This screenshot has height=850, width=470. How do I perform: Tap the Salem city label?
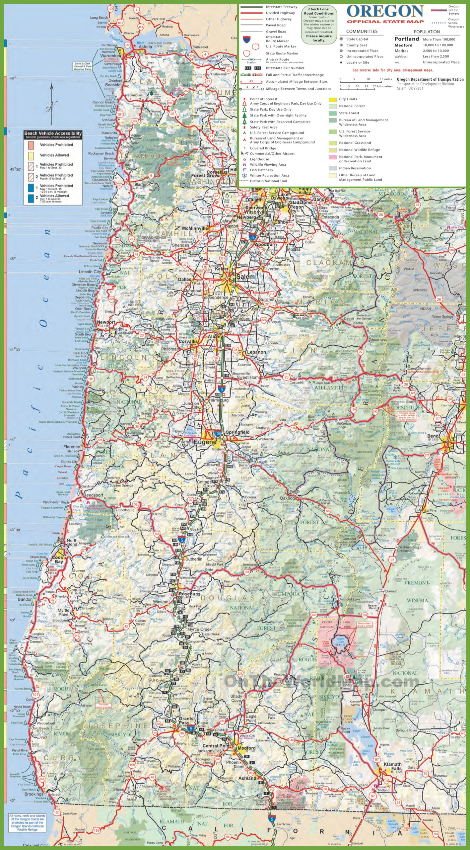245,277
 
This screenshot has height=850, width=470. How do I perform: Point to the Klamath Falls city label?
393,766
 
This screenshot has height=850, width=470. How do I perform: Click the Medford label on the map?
246,748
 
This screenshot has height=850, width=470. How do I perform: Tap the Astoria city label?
145,47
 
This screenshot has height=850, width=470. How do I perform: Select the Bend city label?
433,436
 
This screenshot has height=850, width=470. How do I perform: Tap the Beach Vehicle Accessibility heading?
53,133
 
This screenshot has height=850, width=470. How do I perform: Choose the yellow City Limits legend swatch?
332,99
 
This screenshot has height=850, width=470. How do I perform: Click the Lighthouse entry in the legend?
259,159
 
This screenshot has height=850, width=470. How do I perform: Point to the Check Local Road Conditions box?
319,25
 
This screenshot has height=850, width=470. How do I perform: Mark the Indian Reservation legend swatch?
332,168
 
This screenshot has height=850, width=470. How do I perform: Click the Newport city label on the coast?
106,322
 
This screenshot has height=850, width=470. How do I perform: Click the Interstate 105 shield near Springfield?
218,434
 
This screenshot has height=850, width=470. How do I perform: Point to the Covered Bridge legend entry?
263,148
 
